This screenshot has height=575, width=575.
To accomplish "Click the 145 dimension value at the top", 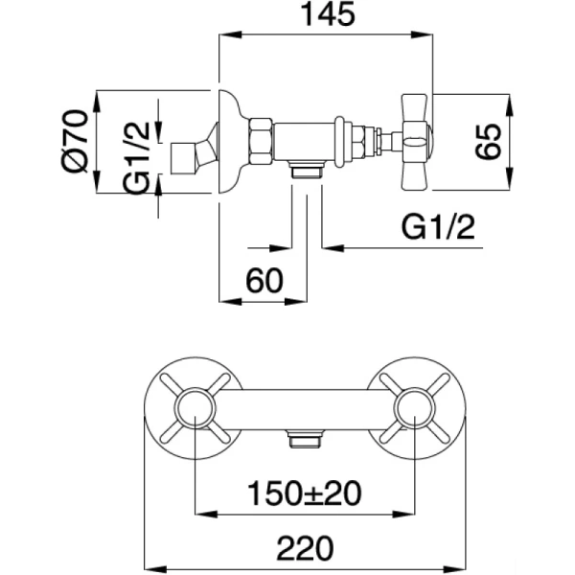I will coord(327,15).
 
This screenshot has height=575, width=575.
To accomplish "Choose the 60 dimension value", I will coord(264,281).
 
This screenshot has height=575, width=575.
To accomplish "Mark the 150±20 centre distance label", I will coord(306,493).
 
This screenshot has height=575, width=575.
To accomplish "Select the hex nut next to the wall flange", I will coord(261,142).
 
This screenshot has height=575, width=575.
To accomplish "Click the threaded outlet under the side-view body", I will coord(306,172).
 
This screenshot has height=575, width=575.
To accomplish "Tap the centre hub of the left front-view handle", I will coord(195,406).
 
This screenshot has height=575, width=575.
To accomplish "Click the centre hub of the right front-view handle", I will coord(416,406).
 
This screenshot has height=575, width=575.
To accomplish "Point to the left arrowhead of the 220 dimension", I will coord(149,565).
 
